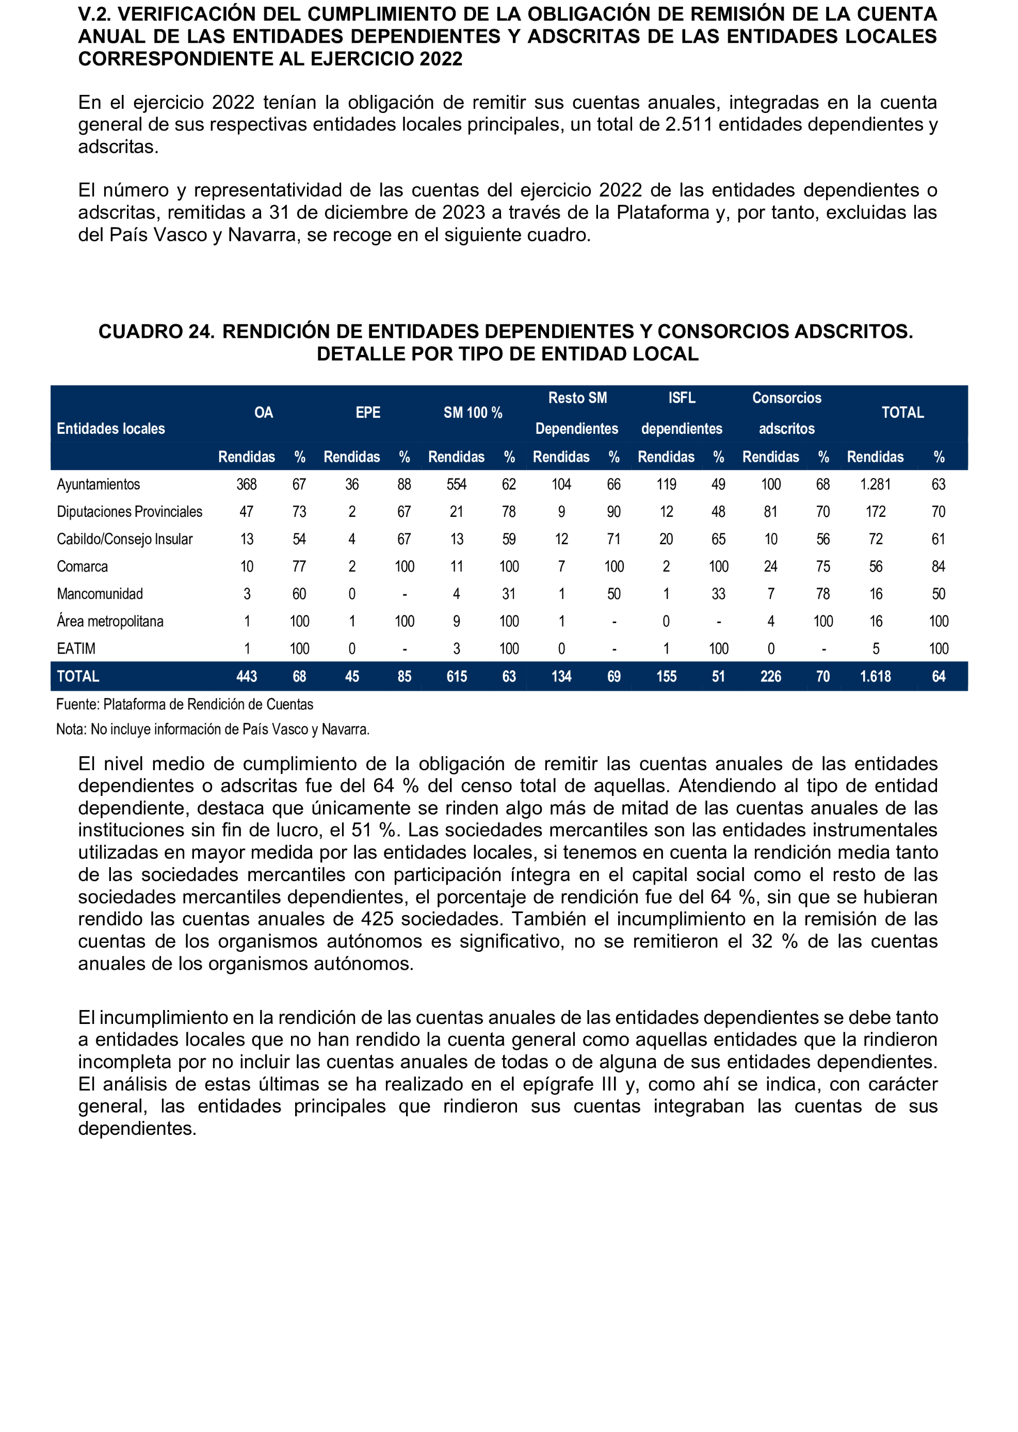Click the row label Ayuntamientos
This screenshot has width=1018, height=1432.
pos(99,484)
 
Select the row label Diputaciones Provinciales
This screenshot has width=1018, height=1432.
pos(129,512)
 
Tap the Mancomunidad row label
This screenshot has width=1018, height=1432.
pos(100,594)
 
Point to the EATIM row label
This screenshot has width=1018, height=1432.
pos(76,648)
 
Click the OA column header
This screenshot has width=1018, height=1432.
pos(263,412)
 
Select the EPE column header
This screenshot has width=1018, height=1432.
pos(368,412)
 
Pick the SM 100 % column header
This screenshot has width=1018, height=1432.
pos(473,412)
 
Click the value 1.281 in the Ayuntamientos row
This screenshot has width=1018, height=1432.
pos(875,484)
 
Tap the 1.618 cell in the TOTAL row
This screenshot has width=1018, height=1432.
pos(875,677)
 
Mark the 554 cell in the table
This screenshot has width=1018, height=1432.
pos(456,484)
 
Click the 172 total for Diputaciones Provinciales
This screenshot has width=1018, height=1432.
pos(875,512)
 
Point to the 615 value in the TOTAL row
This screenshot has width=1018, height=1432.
pos(456,677)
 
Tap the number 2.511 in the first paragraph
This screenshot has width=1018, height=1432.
pos(689,125)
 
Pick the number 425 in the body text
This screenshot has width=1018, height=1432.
pos(377,919)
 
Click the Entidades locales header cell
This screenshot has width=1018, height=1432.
pos(111,429)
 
